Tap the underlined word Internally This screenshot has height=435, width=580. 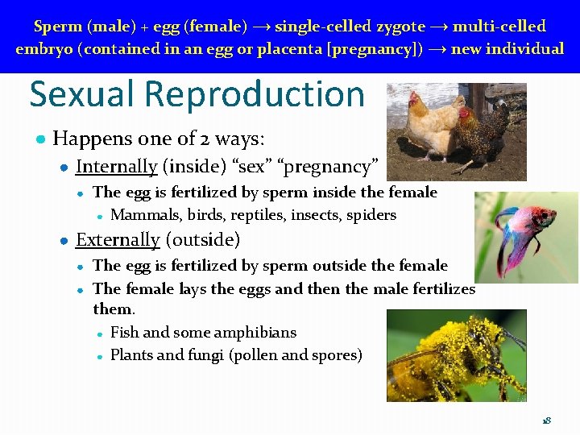(x=116, y=167)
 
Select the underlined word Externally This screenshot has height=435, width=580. (x=118, y=240)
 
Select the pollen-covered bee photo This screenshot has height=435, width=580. (x=456, y=355)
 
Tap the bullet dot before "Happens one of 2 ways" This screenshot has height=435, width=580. (x=39, y=139)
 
